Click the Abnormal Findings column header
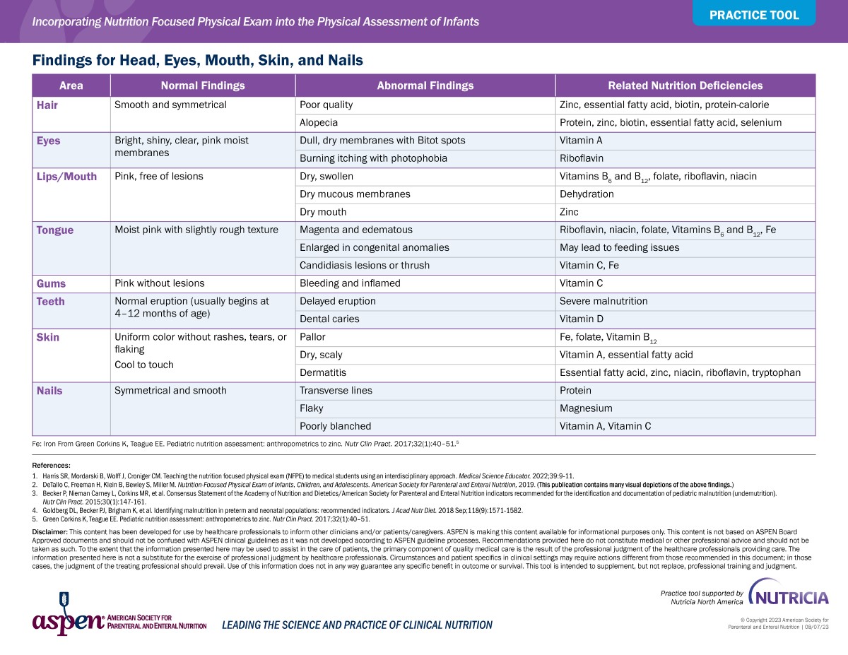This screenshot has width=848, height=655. click(x=425, y=85)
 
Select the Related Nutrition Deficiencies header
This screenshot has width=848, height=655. click(x=685, y=85)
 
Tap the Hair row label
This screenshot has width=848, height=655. click(x=47, y=105)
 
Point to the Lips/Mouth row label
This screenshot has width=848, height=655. click(x=66, y=177)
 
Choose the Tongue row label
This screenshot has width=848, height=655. click(x=55, y=230)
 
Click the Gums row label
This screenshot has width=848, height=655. click(x=51, y=283)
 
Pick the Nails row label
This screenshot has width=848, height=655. click(x=49, y=391)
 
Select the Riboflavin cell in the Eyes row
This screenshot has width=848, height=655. click(x=581, y=158)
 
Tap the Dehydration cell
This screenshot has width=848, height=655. click(x=587, y=194)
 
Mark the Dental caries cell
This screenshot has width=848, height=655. click(x=329, y=319)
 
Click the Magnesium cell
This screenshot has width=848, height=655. click(x=586, y=408)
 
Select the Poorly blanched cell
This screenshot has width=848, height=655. click(x=335, y=426)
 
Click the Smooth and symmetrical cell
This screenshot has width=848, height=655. click(x=170, y=105)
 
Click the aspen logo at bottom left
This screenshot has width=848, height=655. click(x=68, y=620)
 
